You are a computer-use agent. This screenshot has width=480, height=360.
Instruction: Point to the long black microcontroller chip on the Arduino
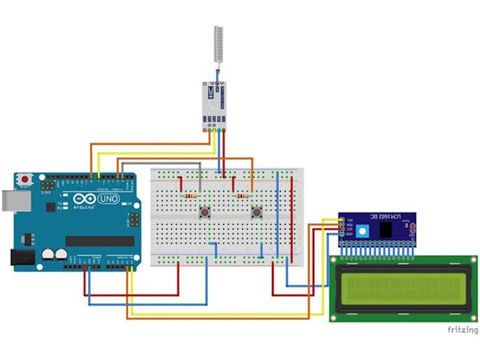(x=100, y=241)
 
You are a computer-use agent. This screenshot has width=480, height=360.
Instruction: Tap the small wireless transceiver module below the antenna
(x=213, y=106)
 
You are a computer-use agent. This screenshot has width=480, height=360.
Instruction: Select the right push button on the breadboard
(x=258, y=212)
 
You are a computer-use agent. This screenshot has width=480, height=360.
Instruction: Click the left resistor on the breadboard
(x=191, y=195)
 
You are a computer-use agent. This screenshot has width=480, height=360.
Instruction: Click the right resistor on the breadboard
(x=242, y=194)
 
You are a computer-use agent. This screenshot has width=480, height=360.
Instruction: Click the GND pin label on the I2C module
(x=350, y=234)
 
